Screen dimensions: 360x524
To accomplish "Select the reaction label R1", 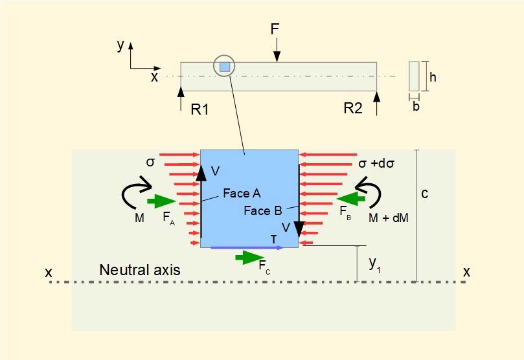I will tap(199, 109).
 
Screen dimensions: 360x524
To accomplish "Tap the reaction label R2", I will tap(353, 108).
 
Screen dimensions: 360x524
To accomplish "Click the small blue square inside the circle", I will tap(224, 67).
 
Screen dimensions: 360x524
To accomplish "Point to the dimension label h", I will tap(433, 76).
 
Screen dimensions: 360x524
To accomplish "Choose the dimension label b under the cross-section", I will tap(416, 107).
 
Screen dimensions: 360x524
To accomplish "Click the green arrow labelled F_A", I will tap(161, 201).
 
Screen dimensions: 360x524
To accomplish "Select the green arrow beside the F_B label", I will tap(349, 197).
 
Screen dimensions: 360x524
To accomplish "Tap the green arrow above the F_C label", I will tap(249, 258).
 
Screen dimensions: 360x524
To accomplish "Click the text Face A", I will tap(242, 193).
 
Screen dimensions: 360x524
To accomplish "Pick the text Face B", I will tap(262, 210).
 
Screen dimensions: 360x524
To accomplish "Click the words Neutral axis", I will tap(139, 270).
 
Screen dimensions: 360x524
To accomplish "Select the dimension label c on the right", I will tap(424, 193).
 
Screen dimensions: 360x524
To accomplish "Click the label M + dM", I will tap(388, 218).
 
